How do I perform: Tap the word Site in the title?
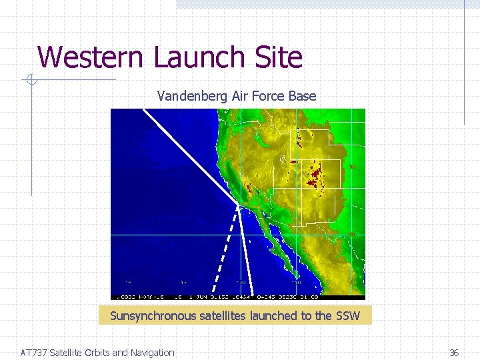pyautogui.click(x=279, y=57)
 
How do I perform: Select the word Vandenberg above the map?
pyautogui.click(x=193, y=96)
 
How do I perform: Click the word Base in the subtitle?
pyautogui.click(x=303, y=96)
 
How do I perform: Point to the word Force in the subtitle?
pyautogui.click(x=273, y=96)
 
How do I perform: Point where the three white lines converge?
pyautogui.click(x=237, y=203)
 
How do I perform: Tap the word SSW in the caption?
pyautogui.click(x=347, y=316)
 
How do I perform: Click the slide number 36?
pyautogui.click(x=454, y=353)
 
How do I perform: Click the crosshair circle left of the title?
pyautogui.click(x=30, y=81)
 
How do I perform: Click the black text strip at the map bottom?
pyautogui.click(x=237, y=297)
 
